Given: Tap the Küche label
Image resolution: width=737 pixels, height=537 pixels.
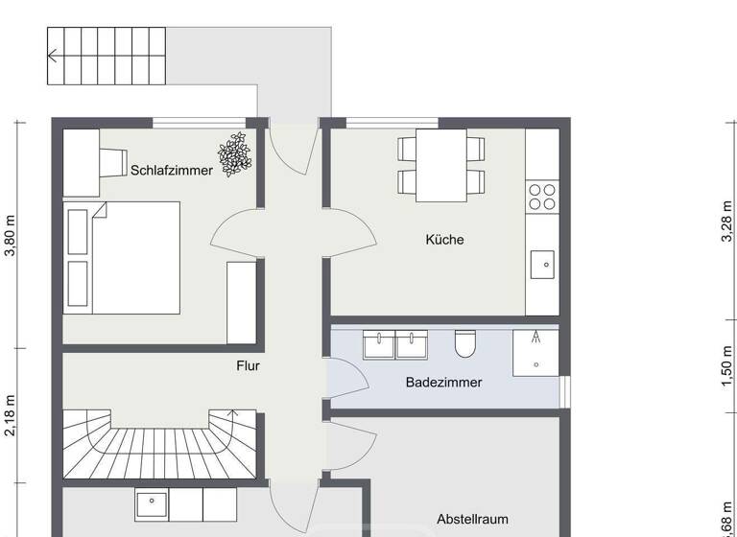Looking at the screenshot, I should click(x=444, y=240).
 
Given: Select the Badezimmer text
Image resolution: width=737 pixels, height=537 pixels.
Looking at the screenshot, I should click(x=443, y=382).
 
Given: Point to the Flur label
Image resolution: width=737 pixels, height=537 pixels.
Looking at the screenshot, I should click(x=248, y=365).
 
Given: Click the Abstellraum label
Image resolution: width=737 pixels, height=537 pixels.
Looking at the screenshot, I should click(x=472, y=519).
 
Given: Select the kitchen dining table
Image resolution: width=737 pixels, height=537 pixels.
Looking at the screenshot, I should click(x=442, y=165).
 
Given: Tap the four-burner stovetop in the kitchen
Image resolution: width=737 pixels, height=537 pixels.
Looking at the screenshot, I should click(x=542, y=197).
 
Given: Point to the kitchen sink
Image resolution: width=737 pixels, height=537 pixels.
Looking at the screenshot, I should click(x=542, y=262).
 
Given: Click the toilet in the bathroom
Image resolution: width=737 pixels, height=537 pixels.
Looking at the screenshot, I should click(x=465, y=342).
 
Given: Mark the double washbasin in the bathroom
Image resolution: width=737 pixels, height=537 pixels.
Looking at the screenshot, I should click(x=395, y=343).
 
